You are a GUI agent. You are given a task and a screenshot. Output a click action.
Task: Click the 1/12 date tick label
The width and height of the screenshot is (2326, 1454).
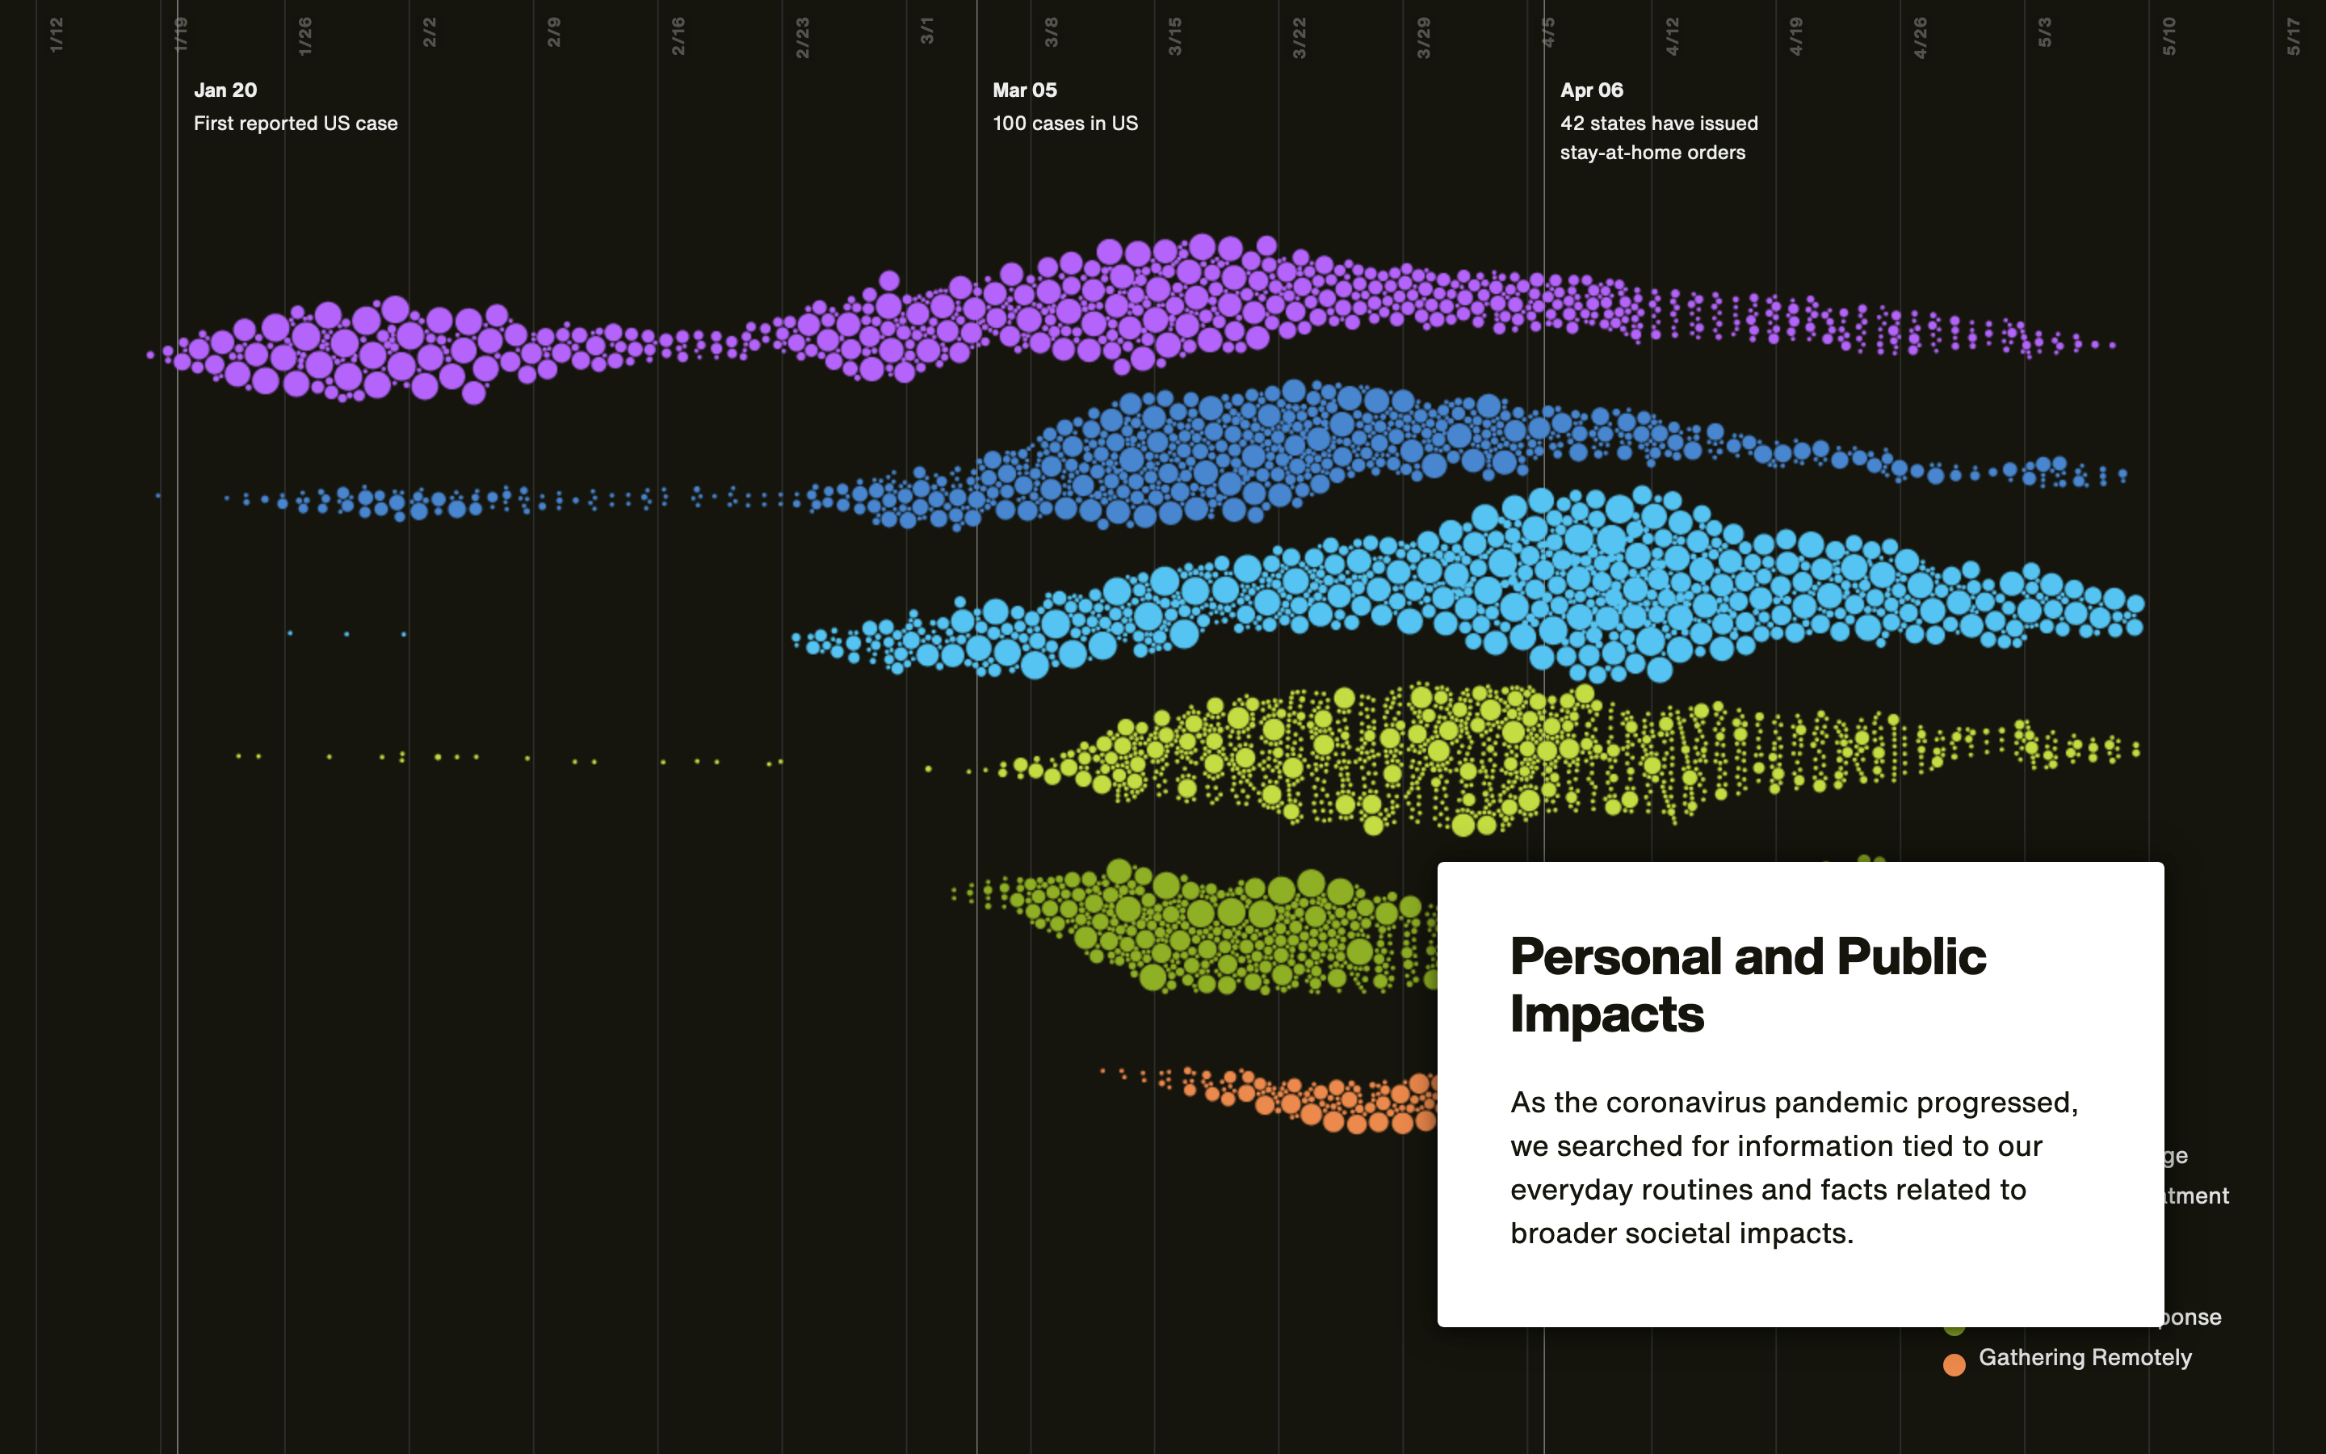coord(57,35)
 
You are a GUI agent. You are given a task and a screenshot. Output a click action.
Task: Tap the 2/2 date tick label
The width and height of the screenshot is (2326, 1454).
coord(430,32)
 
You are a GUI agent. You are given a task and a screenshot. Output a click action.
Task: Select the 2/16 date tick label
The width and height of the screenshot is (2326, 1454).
coord(678,36)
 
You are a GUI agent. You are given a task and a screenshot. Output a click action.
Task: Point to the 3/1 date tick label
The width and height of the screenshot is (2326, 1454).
coord(927,31)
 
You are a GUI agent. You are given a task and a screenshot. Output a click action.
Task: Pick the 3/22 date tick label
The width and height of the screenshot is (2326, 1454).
coord(1299,37)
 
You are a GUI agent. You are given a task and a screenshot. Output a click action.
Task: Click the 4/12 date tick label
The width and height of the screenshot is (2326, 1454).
coord(1673,36)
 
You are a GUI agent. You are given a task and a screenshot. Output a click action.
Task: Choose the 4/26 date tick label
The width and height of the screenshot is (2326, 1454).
coord(1921,37)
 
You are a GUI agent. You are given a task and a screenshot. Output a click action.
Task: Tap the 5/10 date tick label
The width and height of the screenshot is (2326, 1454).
coord(2169,36)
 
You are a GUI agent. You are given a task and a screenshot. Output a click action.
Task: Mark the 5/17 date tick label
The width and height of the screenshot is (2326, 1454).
coord(2294,36)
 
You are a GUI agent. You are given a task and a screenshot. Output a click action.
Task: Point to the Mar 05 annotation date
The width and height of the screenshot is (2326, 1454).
coord(1025,90)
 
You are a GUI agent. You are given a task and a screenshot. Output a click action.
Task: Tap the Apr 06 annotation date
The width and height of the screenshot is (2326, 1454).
coord(1592,90)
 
